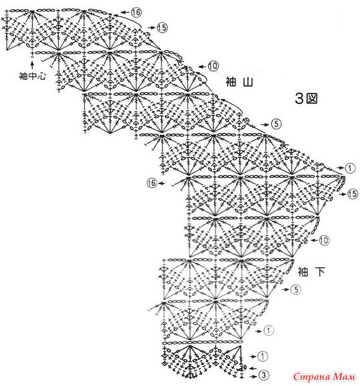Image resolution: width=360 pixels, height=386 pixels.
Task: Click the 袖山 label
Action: (x=239, y=82)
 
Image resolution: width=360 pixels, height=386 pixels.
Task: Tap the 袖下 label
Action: (x=311, y=272)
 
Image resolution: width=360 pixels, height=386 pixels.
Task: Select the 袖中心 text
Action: (x=32, y=76)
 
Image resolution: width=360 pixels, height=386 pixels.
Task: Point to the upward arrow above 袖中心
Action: (x=32, y=65)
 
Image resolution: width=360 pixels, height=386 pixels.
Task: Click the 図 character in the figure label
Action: (x=312, y=99)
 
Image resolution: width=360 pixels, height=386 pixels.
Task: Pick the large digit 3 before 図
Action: (x=299, y=99)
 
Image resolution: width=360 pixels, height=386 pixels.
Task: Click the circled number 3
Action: (x=263, y=375)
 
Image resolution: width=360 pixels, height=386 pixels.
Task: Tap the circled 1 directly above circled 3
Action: (x=263, y=356)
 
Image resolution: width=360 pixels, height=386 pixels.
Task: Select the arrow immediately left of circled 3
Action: (x=253, y=377)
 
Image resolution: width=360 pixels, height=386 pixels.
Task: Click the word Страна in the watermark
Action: (x=311, y=377)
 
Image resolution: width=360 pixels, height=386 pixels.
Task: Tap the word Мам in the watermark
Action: (x=344, y=377)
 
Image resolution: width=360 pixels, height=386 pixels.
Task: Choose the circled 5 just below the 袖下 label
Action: (x=296, y=289)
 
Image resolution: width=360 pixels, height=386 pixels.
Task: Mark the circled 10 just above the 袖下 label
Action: (x=324, y=240)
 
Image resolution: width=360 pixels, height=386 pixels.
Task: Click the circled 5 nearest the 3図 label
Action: (x=276, y=124)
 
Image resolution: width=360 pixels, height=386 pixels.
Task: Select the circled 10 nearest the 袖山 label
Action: (x=213, y=66)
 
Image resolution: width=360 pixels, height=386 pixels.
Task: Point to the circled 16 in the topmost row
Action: (x=136, y=12)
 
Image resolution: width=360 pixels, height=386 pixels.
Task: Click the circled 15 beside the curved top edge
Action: (x=162, y=27)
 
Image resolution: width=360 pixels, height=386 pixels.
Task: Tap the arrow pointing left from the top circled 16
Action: (x=125, y=12)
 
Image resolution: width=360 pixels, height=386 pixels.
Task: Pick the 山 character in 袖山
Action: (x=248, y=82)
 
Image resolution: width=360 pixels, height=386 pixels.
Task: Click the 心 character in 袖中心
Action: (x=42, y=76)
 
